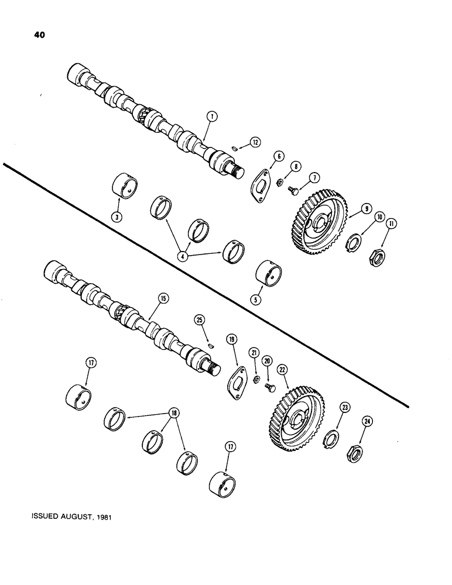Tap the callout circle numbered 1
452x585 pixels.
pyautogui.click(x=211, y=118)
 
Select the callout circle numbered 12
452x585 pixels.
pyautogui.click(x=254, y=142)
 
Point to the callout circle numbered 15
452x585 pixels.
pyautogui.click(x=162, y=299)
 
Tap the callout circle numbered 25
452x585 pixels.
pyautogui.click(x=200, y=319)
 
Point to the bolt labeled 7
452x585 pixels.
pyautogui.click(x=295, y=190)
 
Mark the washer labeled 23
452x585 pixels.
pyautogui.click(x=331, y=437)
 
